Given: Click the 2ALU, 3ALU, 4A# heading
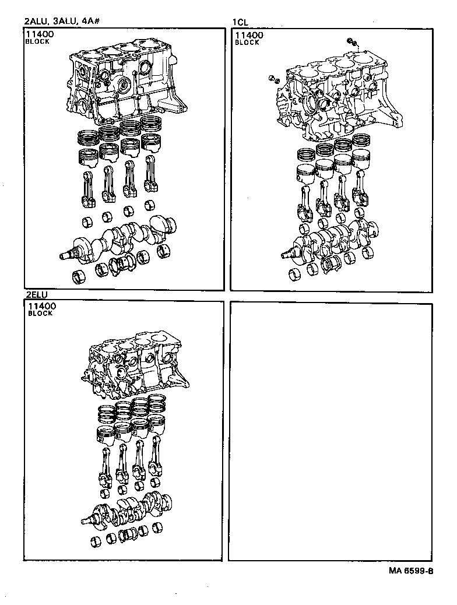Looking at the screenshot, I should tap(64, 22).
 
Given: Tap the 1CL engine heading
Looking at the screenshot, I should tap(240, 22).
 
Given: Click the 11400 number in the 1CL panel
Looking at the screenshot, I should tap(249, 35).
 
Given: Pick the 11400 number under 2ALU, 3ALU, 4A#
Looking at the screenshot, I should tap(39, 35).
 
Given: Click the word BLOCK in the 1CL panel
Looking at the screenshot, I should tap(247, 43).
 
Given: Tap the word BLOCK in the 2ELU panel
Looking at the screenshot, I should tap(40, 314).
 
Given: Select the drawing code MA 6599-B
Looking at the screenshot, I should tap(411, 571).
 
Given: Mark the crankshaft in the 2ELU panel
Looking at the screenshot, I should tap(128, 507).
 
